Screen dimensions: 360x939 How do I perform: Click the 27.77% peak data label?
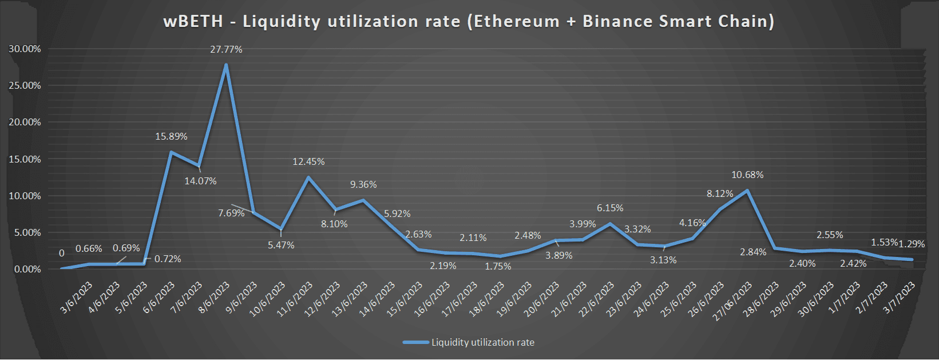coord(226,50)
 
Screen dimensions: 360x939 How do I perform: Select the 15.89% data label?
coord(171,137)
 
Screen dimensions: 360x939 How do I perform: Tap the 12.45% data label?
coord(308,162)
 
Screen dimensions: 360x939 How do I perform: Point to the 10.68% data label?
coord(747,175)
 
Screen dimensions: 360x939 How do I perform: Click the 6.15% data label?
coord(610,208)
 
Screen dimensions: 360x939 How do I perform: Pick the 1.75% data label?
coord(498,267)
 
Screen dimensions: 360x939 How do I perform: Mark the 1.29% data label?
coord(912,244)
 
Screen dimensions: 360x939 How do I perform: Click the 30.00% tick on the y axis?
coord(25,49)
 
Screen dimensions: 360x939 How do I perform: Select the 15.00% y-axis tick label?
coord(25,159)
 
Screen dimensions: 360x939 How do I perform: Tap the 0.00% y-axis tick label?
coord(27,269)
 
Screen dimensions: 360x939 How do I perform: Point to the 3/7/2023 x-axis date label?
coord(900,298)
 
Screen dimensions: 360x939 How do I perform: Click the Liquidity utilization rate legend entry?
coord(482,342)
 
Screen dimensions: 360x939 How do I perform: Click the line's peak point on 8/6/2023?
coord(226,65)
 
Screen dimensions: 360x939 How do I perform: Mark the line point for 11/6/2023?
coord(308,177)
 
